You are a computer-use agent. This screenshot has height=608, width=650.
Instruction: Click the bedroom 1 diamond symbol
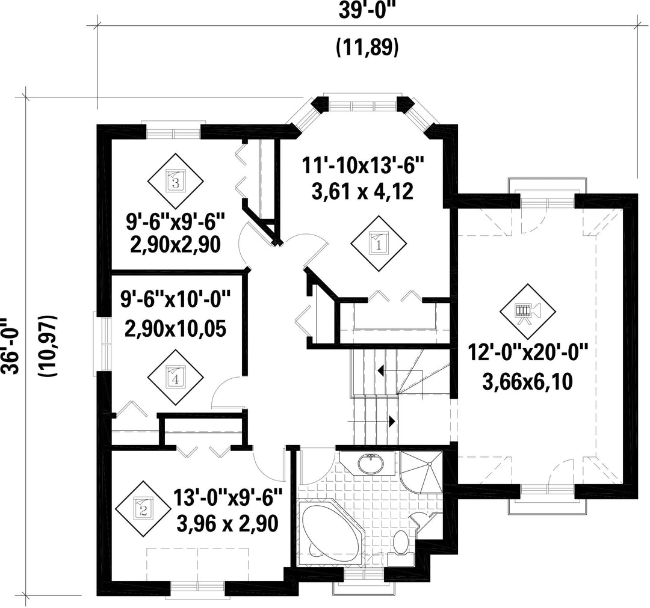click(379, 244)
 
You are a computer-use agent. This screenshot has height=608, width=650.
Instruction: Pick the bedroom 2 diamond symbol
click(143, 509)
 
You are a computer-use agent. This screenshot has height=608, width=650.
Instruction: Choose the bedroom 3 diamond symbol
click(175, 181)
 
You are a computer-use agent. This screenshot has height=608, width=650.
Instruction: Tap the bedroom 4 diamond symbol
click(175, 377)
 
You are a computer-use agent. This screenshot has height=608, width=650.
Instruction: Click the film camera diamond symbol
click(527, 312)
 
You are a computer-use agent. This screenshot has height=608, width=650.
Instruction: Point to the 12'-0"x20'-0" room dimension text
click(528, 353)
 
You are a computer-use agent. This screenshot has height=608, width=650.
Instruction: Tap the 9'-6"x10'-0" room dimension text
click(175, 299)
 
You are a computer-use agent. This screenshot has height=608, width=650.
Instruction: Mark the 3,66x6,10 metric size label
click(528, 381)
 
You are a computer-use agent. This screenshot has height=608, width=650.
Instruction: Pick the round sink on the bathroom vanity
click(371, 464)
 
